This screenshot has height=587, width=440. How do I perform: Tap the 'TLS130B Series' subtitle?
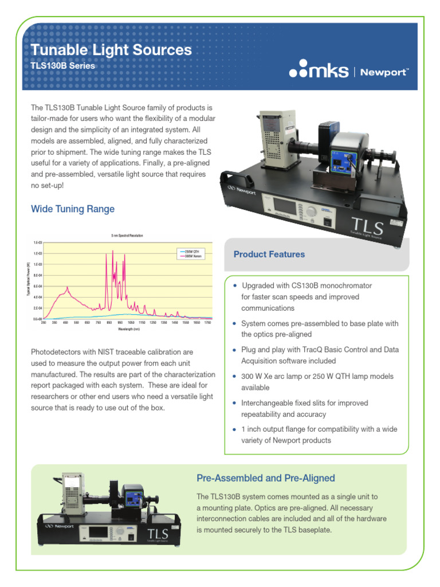pos(62,66)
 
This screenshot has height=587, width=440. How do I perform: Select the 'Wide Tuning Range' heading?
pos(73,209)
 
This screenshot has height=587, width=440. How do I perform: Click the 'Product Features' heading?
pos(269,254)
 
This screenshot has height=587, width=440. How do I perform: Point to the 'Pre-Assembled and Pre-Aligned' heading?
pos(265,478)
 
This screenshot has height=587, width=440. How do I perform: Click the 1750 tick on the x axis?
pos(209,323)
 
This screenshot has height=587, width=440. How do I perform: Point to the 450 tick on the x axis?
pos(65,323)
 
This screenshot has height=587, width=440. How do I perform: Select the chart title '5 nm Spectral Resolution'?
pos(127,236)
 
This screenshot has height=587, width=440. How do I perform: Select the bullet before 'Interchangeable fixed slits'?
pos(234,403)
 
